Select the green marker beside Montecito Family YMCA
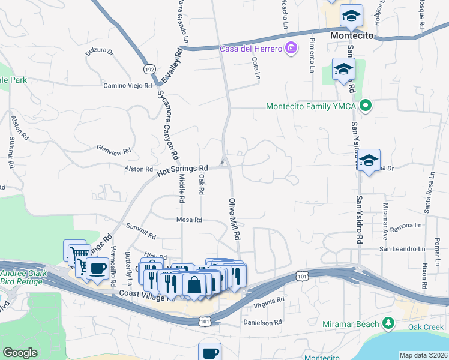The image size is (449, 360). click(x=365, y=107)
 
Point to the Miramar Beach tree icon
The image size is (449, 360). click(x=388, y=324)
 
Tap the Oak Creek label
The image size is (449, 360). click(x=426, y=327)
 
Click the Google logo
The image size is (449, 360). click(x=20, y=353)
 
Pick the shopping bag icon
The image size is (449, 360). click(x=194, y=285)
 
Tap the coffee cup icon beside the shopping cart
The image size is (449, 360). click(x=97, y=268)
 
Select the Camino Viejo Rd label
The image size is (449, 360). click(x=128, y=86)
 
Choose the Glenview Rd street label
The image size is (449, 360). click(x=114, y=148)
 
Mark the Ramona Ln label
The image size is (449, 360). click(x=406, y=226)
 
